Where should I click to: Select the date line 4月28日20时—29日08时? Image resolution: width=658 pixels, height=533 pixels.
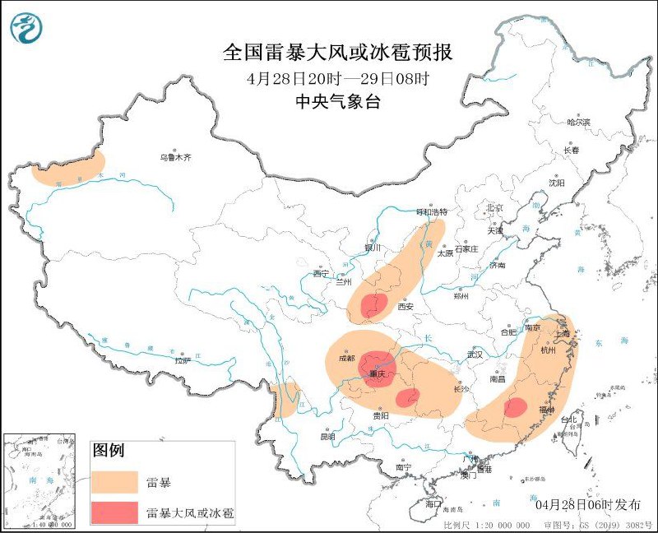[x=338, y=79]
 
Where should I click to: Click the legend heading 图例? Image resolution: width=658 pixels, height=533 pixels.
[x=108, y=451]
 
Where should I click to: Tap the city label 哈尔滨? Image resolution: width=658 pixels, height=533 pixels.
[x=579, y=122]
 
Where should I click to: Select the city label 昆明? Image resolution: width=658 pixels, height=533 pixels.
[x=327, y=435]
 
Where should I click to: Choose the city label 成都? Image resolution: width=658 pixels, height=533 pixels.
[x=346, y=359]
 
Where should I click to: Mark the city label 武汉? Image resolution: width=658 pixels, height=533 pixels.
[x=474, y=354]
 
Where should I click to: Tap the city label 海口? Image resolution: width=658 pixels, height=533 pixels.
[x=433, y=503]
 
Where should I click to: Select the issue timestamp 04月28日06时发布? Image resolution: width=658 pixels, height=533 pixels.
[x=582, y=503]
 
